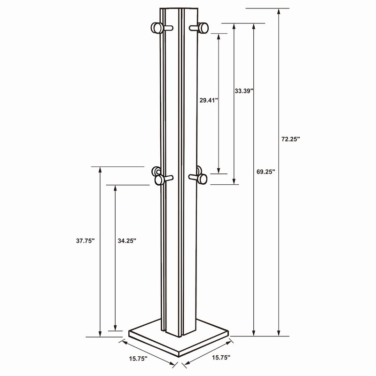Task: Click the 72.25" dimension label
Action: pos(290,139)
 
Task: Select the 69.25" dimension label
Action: pos(266,172)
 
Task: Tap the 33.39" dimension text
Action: pos(244,91)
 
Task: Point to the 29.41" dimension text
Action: pos(209,100)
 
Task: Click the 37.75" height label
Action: pos(86,241)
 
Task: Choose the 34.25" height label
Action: pos(127,241)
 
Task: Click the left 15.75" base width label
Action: pos(138,359)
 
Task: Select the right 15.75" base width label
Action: pos(221,358)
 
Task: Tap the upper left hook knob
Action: pos(157,28)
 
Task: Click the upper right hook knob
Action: pos(204,28)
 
